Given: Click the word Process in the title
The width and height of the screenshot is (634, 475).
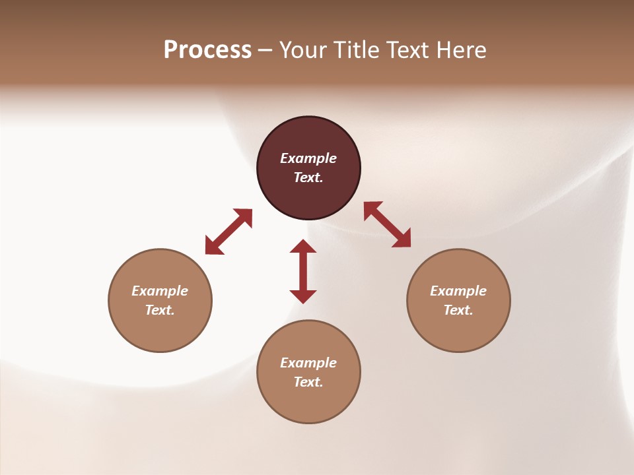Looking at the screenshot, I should (x=207, y=50).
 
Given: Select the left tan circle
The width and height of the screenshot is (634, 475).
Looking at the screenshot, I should (x=160, y=330).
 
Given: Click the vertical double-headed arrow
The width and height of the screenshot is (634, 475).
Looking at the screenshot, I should (x=303, y=271).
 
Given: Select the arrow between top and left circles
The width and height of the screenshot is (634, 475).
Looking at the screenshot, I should (x=229, y=232).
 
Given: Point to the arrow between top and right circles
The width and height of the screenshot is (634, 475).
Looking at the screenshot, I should (x=388, y=225).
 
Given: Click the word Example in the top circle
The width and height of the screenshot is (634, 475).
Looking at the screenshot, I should (x=308, y=158).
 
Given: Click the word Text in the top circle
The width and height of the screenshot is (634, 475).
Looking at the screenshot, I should (x=308, y=177).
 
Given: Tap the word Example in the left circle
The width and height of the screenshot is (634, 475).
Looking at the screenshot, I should (x=160, y=291).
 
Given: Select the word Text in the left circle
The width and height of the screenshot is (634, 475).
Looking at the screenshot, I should (x=160, y=310).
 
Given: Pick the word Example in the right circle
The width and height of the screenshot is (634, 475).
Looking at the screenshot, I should (x=458, y=291).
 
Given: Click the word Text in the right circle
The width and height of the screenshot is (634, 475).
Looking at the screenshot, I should (x=458, y=310).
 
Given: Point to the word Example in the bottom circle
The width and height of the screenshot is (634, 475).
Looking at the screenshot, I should (x=308, y=363).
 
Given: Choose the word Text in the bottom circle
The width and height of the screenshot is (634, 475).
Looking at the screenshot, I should (x=308, y=382).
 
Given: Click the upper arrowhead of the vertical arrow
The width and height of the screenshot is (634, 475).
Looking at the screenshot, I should (x=303, y=247).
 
